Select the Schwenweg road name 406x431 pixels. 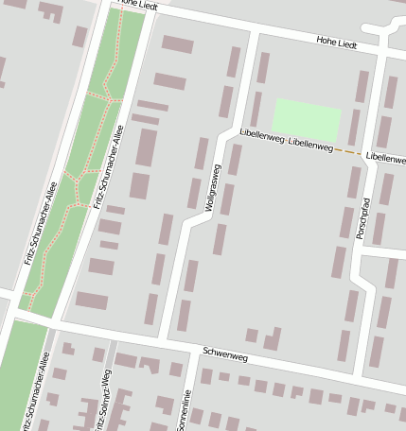(225, 355)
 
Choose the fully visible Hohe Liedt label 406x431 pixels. (336, 44)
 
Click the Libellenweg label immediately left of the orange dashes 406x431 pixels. (310, 147)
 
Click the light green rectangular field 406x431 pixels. (306, 120)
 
